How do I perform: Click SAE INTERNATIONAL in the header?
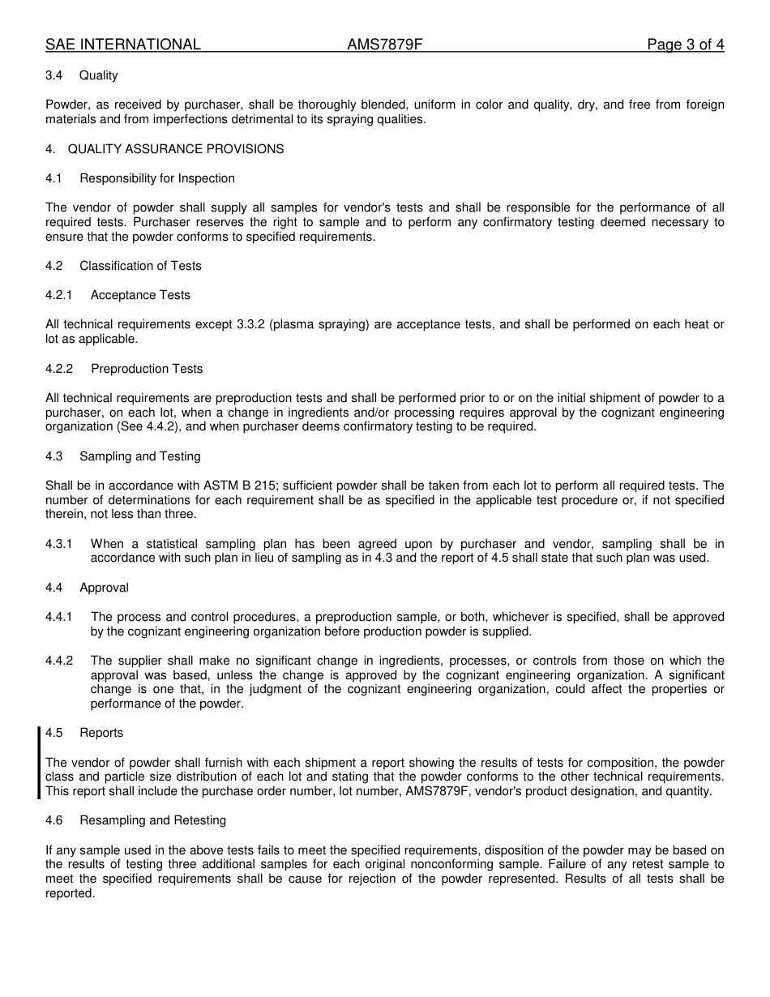[123, 45]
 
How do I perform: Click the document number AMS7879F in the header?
[385, 45]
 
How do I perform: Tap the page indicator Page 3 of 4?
[685, 45]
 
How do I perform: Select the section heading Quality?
[98, 75]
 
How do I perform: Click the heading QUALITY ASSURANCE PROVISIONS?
[176, 149]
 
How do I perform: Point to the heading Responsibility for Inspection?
[157, 178]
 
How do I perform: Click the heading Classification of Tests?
[140, 266]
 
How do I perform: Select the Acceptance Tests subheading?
[140, 295]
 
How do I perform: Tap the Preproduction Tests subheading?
[147, 369]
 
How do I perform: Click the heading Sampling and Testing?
[139, 456]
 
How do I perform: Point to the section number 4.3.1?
[59, 544]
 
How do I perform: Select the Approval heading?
[104, 588]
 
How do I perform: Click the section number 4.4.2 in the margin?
[59, 661]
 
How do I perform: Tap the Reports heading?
[101, 733]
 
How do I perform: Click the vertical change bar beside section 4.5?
[39, 762]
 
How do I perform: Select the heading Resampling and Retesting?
[152, 820]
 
